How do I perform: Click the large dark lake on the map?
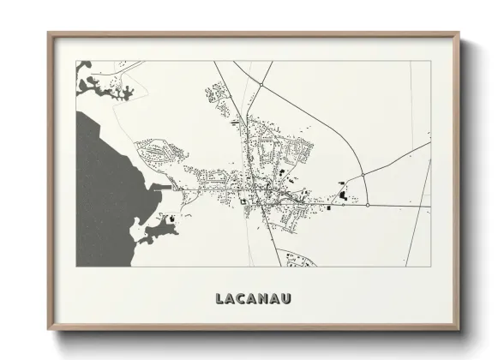click(x=107, y=171)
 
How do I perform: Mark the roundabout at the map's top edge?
click(x=260, y=85)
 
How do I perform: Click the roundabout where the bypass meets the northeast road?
click(x=363, y=176)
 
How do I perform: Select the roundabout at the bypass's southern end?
click(x=368, y=205)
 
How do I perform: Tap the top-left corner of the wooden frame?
click(x=48, y=33)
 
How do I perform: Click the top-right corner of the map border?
click(x=430, y=61)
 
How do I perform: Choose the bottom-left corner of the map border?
click(x=76, y=266)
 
